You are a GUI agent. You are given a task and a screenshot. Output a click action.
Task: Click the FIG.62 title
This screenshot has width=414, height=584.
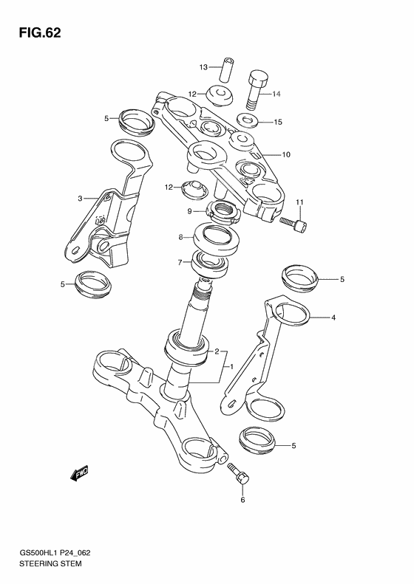[x=35, y=33]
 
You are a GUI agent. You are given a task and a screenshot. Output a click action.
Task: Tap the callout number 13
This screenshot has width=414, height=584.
[x=204, y=68]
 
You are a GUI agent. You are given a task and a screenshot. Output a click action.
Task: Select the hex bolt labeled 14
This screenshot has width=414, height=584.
[x=257, y=89]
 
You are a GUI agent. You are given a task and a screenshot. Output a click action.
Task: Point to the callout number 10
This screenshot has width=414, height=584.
[x=285, y=155]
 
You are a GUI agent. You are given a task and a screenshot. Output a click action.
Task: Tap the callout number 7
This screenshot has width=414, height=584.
[x=180, y=263]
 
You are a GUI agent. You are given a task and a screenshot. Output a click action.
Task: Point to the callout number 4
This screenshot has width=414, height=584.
[x=333, y=318]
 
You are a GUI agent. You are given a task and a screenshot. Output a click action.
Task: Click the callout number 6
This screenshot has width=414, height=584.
[x=242, y=500]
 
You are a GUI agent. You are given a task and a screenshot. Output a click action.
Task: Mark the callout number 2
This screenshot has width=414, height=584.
[x=217, y=352]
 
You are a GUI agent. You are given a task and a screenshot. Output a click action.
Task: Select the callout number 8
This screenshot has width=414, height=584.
[x=180, y=238]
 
